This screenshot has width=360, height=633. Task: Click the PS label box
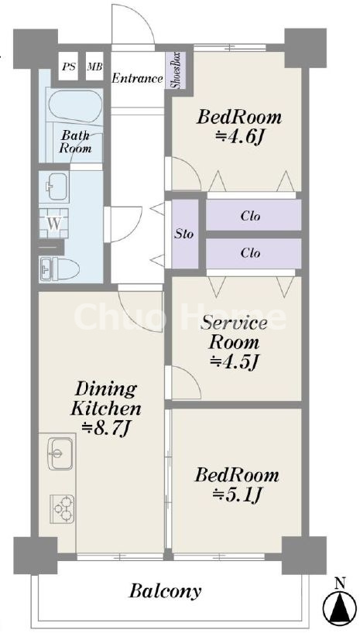click(x=68, y=67)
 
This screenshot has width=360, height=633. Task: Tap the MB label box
click(x=95, y=67)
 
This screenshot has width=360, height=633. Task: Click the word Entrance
click(x=137, y=78)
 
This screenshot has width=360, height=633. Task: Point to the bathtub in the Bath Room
click(x=74, y=106)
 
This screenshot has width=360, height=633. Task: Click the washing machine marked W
click(x=54, y=223)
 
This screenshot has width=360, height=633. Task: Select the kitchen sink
click(x=60, y=453)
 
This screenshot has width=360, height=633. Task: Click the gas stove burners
click(x=62, y=508)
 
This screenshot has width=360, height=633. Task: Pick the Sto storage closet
click(x=185, y=234)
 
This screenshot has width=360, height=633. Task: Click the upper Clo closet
click(x=253, y=215)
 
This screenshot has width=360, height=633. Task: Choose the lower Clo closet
click(x=253, y=253)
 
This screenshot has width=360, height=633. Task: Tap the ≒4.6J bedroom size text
click(x=239, y=138)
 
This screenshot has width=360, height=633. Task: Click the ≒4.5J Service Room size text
click(x=234, y=361)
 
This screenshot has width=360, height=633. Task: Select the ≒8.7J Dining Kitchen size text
click(x=105, y=429)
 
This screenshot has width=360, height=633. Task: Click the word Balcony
click(x=165, y=591)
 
